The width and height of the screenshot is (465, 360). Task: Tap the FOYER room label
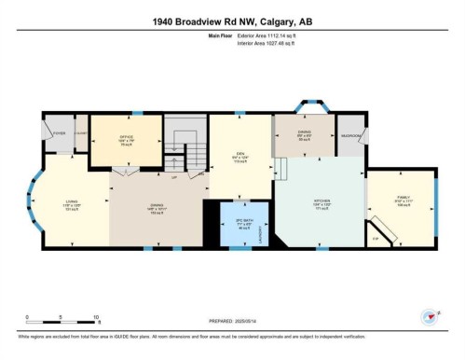(59, 134)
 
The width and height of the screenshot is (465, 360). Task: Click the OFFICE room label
(126, 137)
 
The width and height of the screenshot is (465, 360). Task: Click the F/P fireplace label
(376, 237)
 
